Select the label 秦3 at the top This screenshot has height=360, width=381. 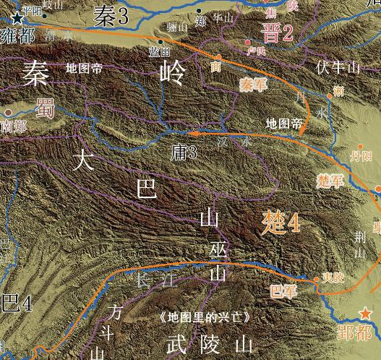point(111,14)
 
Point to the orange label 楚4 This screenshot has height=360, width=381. point(281,222)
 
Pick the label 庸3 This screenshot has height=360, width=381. point(182,152)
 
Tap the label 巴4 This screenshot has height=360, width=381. point(16,303)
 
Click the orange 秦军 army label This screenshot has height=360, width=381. point(253,85)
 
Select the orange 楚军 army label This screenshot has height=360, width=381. point(330,181)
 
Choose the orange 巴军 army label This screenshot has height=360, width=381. point(283,291)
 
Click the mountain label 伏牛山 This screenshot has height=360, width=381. point(337,68)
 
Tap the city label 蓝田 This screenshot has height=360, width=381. point(159,52)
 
